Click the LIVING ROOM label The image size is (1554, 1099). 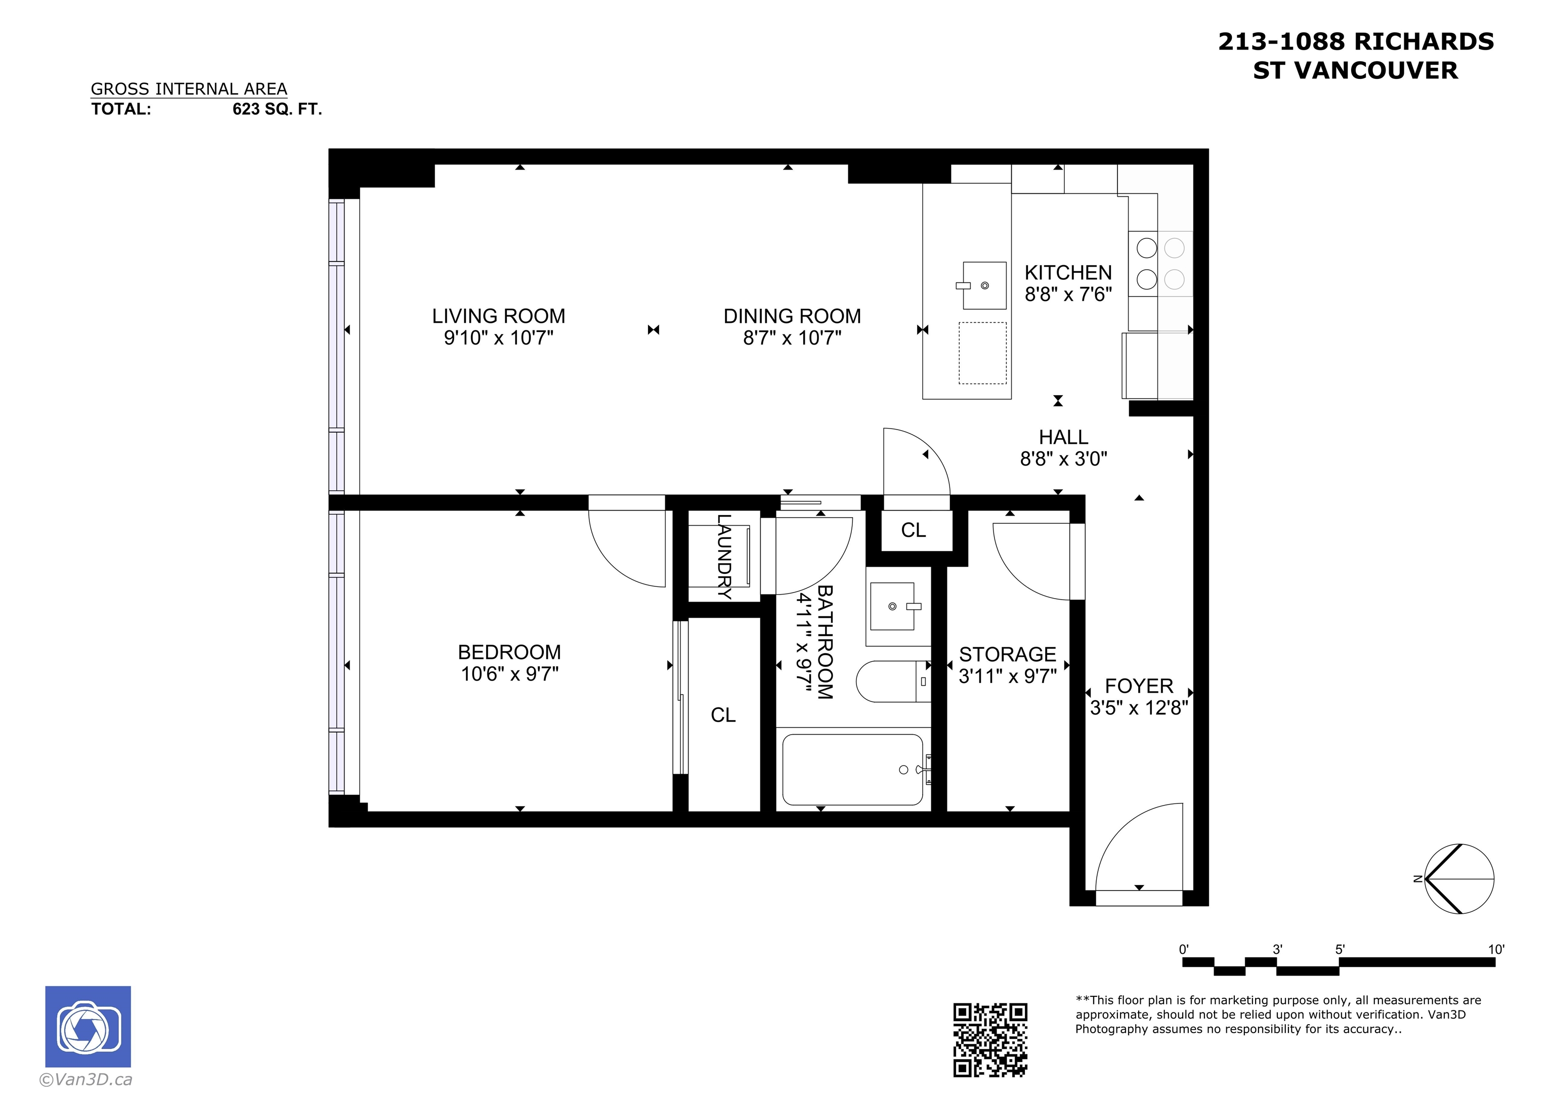[x=498, y=316]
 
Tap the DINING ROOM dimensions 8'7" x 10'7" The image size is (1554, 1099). [x=792, y=337]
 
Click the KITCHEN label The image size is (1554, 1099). [x=1068, y=273]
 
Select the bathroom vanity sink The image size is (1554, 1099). [x=895, y=606]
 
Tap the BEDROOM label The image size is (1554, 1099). [x=509, y=652]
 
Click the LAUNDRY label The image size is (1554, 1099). [x=724, y=557]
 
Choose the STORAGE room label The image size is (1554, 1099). [x=1007, y=654]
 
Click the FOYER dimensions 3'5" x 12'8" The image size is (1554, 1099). [x=1139, y=707]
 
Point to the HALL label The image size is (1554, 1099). [x=1063, y=438]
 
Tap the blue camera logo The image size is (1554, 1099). [x=88, y=1027]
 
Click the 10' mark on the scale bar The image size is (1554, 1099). [x=1496, y=949]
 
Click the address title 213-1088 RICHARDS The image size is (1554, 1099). [x=1356, y=42]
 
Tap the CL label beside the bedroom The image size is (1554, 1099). [x=723, y=715]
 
